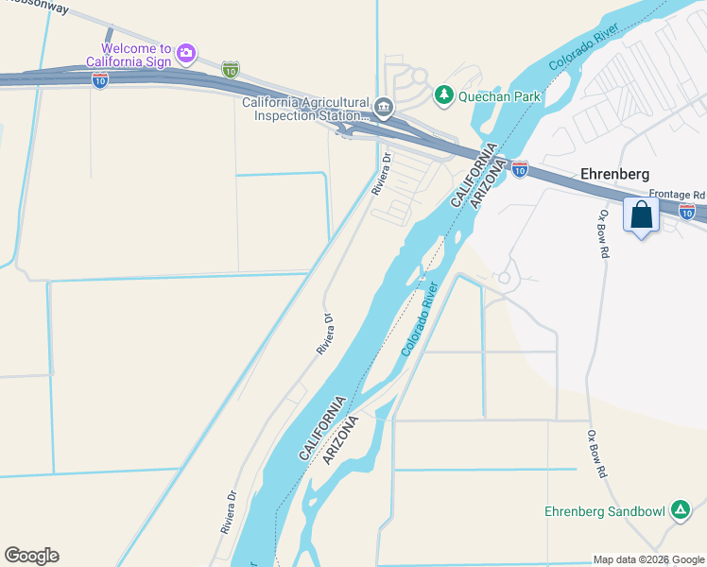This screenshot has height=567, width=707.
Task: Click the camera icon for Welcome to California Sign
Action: tap(186, 52)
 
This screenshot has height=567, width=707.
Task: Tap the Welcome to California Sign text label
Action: tap(137, 55)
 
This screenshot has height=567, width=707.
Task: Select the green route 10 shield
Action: tap(231, 70)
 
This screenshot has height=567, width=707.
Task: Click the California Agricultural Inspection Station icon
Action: tap(384, 105)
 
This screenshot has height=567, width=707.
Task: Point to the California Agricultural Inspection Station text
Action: tap(305, 110)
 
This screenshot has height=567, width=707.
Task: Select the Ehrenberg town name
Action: tap(616, 175)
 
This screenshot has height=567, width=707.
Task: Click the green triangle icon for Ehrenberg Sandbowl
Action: tap(679, 511)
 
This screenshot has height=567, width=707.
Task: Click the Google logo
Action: tap(31, 556)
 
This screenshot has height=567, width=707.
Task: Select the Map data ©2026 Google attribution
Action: tap(648, 559)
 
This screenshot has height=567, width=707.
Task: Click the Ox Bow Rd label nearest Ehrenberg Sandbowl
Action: tap(595, 455)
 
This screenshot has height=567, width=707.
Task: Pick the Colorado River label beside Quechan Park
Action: tap(585, 44)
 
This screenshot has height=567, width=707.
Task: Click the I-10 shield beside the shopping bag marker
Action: tap(687, 213)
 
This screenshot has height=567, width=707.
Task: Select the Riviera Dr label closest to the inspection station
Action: tap(381, 174)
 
